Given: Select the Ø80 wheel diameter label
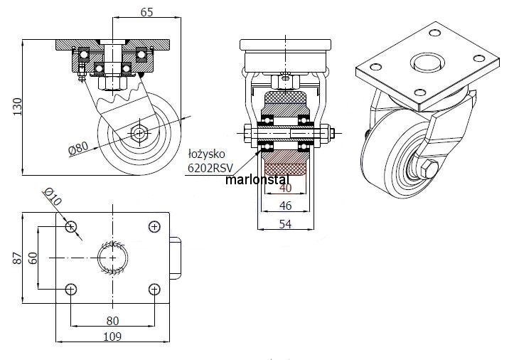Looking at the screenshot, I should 79,148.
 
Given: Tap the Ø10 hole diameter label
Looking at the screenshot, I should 53,197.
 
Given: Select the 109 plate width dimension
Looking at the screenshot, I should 112,336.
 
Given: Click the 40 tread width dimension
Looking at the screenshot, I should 285,189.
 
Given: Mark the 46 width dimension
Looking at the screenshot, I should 285,206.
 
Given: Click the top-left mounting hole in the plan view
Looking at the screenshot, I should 70,226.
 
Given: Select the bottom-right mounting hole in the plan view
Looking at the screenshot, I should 155,289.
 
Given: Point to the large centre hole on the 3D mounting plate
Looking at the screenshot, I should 427,62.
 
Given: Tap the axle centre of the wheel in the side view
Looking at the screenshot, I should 139,133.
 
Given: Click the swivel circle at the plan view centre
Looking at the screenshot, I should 113,258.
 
